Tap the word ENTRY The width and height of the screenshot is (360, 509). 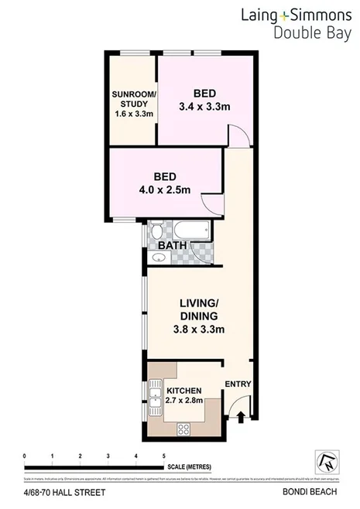238,384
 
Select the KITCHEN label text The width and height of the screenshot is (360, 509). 184,390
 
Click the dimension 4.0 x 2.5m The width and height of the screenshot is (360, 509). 163,190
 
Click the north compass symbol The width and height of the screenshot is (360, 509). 326,461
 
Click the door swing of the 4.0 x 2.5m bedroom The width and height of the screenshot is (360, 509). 211,202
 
